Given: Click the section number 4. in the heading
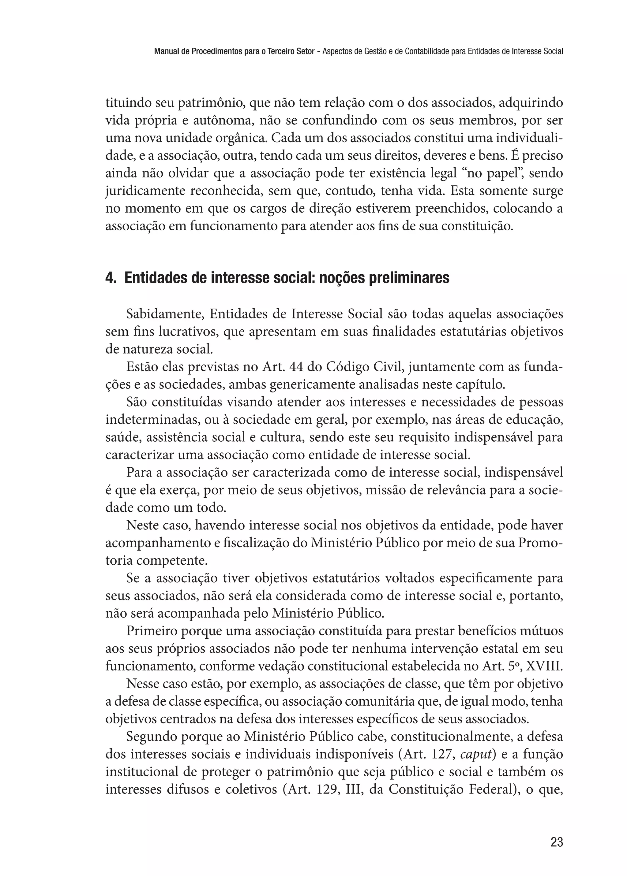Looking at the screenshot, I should pos(111,278).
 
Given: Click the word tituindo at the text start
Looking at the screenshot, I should pos(128,103).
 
